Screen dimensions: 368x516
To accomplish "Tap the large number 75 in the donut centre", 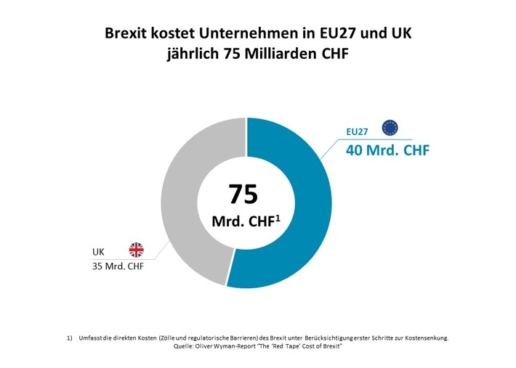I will (x=243, y=194).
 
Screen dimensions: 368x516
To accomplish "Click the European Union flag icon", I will (x=390, y=128).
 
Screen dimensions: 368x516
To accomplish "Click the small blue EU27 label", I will (x=358, y=132).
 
